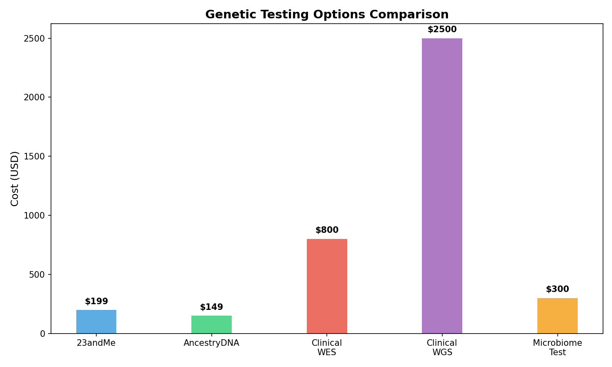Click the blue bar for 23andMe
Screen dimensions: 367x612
tap(96, 322)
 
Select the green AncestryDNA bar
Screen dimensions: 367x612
tap(211, 325)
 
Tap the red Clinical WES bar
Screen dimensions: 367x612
tap(327, 286)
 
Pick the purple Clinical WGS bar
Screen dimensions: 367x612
tap(442, 186)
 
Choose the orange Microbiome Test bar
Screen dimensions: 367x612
tap(557, 316)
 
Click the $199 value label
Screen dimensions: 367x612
tap(96, 302)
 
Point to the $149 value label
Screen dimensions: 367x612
tap(211, 307)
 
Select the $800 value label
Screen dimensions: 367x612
tap(327, 230)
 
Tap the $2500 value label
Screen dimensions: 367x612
tap(442, 30)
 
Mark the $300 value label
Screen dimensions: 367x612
tap(557, 290)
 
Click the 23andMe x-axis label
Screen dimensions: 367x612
tap(96, 343)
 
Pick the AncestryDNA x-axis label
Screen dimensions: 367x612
tap(211, 343)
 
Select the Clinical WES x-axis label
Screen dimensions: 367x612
tap(327, 347)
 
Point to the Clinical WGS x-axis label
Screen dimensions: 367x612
tap(442, 347)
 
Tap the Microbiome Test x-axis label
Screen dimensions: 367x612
tap(557, 347)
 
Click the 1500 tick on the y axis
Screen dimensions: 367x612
tap(37, 157)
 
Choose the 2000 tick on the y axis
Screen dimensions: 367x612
tap(37, 97)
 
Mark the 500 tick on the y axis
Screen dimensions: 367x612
tap(39, 274)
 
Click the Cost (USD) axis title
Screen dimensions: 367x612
tap(15, 179)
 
